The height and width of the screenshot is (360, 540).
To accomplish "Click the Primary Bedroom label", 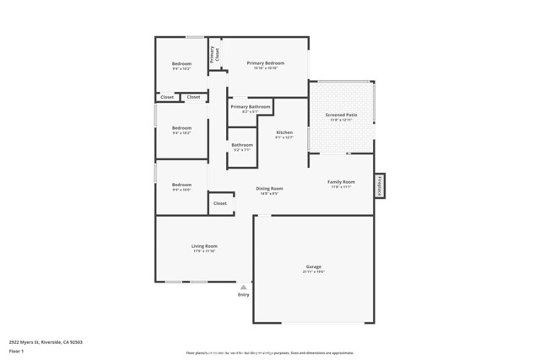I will point(265,63).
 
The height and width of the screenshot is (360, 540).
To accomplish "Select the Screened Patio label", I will point(341,115).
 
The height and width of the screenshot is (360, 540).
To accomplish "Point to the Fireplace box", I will point(380,185).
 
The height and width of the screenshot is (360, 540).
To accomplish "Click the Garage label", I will point(313,266).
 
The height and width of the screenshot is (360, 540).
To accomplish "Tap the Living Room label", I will point(205,245).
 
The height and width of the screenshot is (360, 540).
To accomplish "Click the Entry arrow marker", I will point(244,287).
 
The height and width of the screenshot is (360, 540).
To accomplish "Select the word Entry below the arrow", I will point(244,295).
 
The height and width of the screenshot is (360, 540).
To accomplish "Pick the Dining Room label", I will point(270,188).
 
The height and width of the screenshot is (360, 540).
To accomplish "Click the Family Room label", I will point(341,181).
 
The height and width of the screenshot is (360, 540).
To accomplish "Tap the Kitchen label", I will point(284,132).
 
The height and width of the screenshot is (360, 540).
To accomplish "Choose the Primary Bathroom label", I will point(251,107).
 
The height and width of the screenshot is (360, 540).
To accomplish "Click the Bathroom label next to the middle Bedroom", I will point(242,145).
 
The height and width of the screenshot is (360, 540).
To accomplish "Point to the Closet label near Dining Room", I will point(220,203).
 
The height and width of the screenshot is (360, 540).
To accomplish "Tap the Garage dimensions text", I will point(313,271).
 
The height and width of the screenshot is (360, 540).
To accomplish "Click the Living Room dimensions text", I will point(205,250).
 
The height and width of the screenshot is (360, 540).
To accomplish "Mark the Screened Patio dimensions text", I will point(341,120).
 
